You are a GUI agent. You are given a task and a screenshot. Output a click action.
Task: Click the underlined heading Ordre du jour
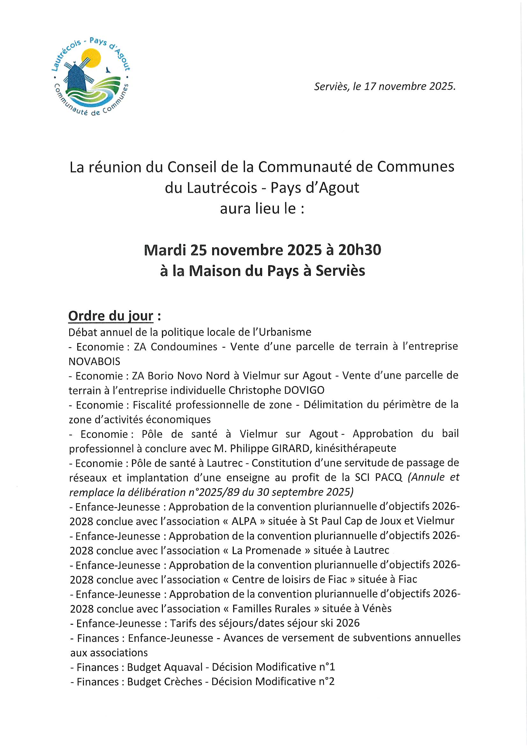pos(111,316)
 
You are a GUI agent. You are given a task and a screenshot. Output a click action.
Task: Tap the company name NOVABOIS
pos(94,361)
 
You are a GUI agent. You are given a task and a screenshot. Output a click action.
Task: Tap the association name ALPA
pos(244,521)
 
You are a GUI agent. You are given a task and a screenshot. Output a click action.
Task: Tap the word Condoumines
pos(184,347)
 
